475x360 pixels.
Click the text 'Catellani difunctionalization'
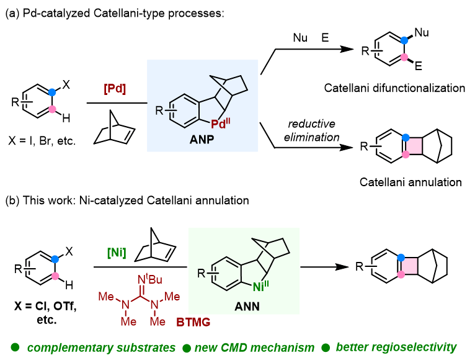click(394, 88)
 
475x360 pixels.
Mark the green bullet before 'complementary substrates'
click(13, 346)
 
